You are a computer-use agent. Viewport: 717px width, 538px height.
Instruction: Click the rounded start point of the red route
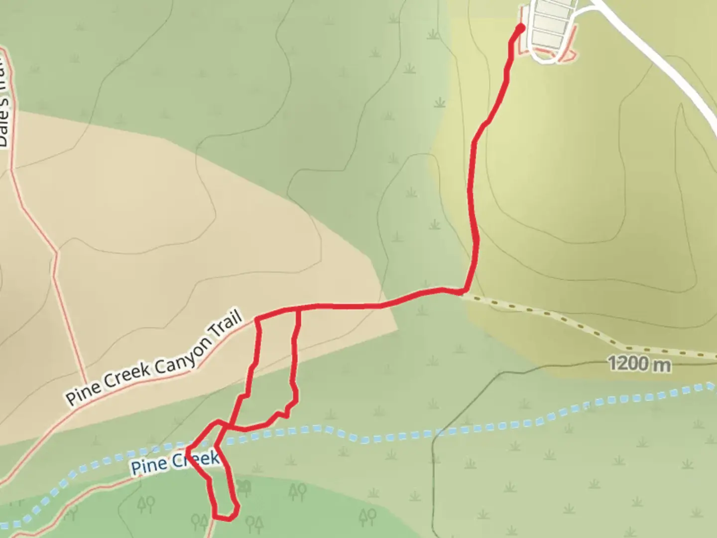pos(520,27)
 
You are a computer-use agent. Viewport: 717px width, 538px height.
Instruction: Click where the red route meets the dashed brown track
pos(462,291)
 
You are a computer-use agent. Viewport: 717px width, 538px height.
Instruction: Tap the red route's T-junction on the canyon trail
pos(298,309)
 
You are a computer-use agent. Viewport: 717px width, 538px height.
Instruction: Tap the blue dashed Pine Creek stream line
pos(448,431)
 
